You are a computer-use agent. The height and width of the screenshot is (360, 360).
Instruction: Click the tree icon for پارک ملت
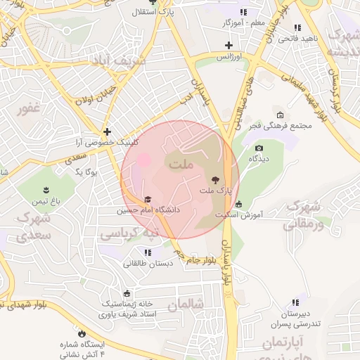click(x=215, y=180)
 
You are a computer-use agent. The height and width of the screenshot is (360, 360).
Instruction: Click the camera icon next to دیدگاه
click(x=259, y=148)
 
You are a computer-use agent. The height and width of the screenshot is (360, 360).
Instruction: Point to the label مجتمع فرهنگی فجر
click(x=289, y=126)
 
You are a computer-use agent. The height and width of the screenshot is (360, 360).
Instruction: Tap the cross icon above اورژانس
click(x=228, y=45)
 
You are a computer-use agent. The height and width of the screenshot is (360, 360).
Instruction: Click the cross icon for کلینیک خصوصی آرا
click(x=106, y=131)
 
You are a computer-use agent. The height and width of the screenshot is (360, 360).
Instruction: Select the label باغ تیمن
click(x=46, y=202)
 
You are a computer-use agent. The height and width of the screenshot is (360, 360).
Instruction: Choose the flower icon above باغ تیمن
click(x=46, y=191)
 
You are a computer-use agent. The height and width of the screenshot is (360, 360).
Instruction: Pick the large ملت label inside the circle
click(x=179, y=164)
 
